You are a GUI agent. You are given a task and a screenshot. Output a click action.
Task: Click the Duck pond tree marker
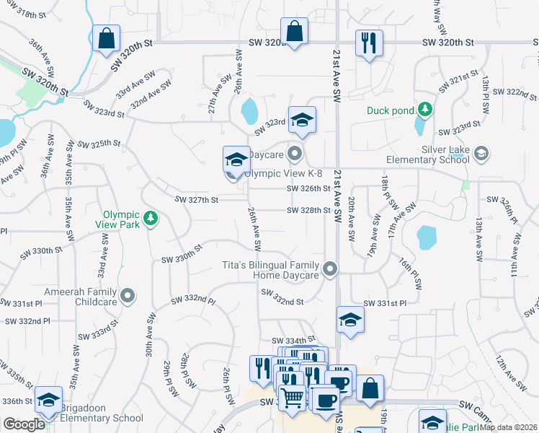click(x=426, y=109)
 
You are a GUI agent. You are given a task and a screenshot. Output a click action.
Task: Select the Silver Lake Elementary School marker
click(x=481, y=153)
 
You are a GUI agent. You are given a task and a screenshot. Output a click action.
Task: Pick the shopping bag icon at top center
click(x=294, y=32)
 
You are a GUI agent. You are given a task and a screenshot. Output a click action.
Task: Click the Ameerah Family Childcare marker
click(x=128, y=294)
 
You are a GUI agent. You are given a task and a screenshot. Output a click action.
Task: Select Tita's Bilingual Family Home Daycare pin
click(x=330, y=269)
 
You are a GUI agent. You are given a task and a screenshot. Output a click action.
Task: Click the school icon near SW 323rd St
click(x=303, y=121)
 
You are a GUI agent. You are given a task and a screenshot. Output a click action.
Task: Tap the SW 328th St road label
click(x=308, y=211)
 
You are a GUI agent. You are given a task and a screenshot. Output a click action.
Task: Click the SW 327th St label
click(x=196, y=199)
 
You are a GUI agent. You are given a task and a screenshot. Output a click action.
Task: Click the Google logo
click(x=24, y=424)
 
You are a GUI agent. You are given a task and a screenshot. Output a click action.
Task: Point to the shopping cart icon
click(x=292, y=396)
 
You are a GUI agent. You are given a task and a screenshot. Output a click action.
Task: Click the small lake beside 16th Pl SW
click(x=427, y=236)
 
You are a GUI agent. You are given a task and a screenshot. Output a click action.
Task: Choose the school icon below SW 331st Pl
click(x=350, y=320)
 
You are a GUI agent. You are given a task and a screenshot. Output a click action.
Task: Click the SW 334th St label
click(x=293, y=340)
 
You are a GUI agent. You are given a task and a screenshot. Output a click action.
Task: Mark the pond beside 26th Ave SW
click(x=249, y=112)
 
